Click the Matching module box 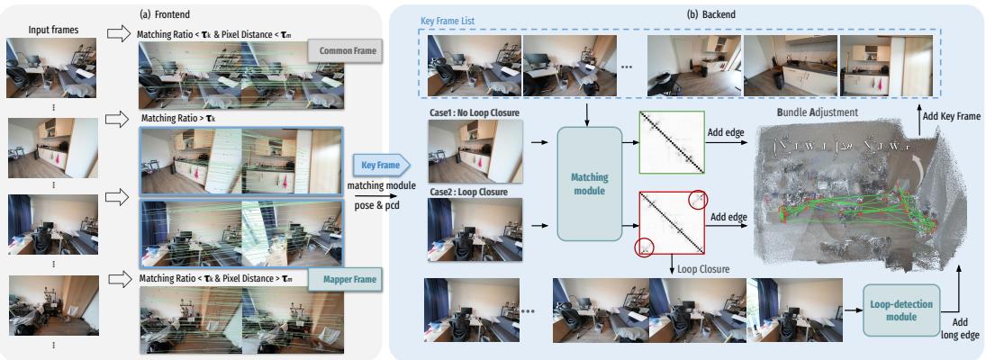tap(590, 183)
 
